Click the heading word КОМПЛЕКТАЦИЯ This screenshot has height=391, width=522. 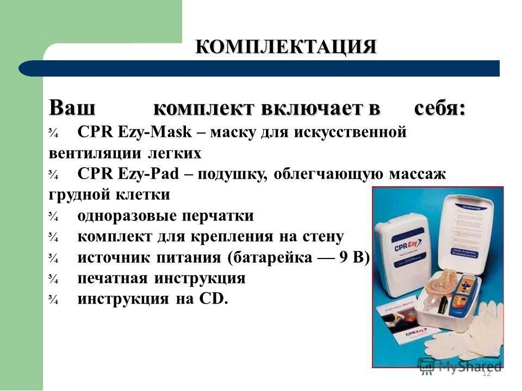pyautogui.click(x=286, y=47)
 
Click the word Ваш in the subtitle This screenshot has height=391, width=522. pyautogui.click(x=73, y=108)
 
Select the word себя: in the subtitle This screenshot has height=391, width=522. pyautogui.click(x=440, y=108)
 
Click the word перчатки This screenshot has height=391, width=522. pyautogui.click(x=222, y=216)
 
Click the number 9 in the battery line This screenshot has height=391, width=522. pyautogui.click(x=344, y=257)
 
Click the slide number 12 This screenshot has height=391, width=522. pyautogui.click(x=486, y=373)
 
